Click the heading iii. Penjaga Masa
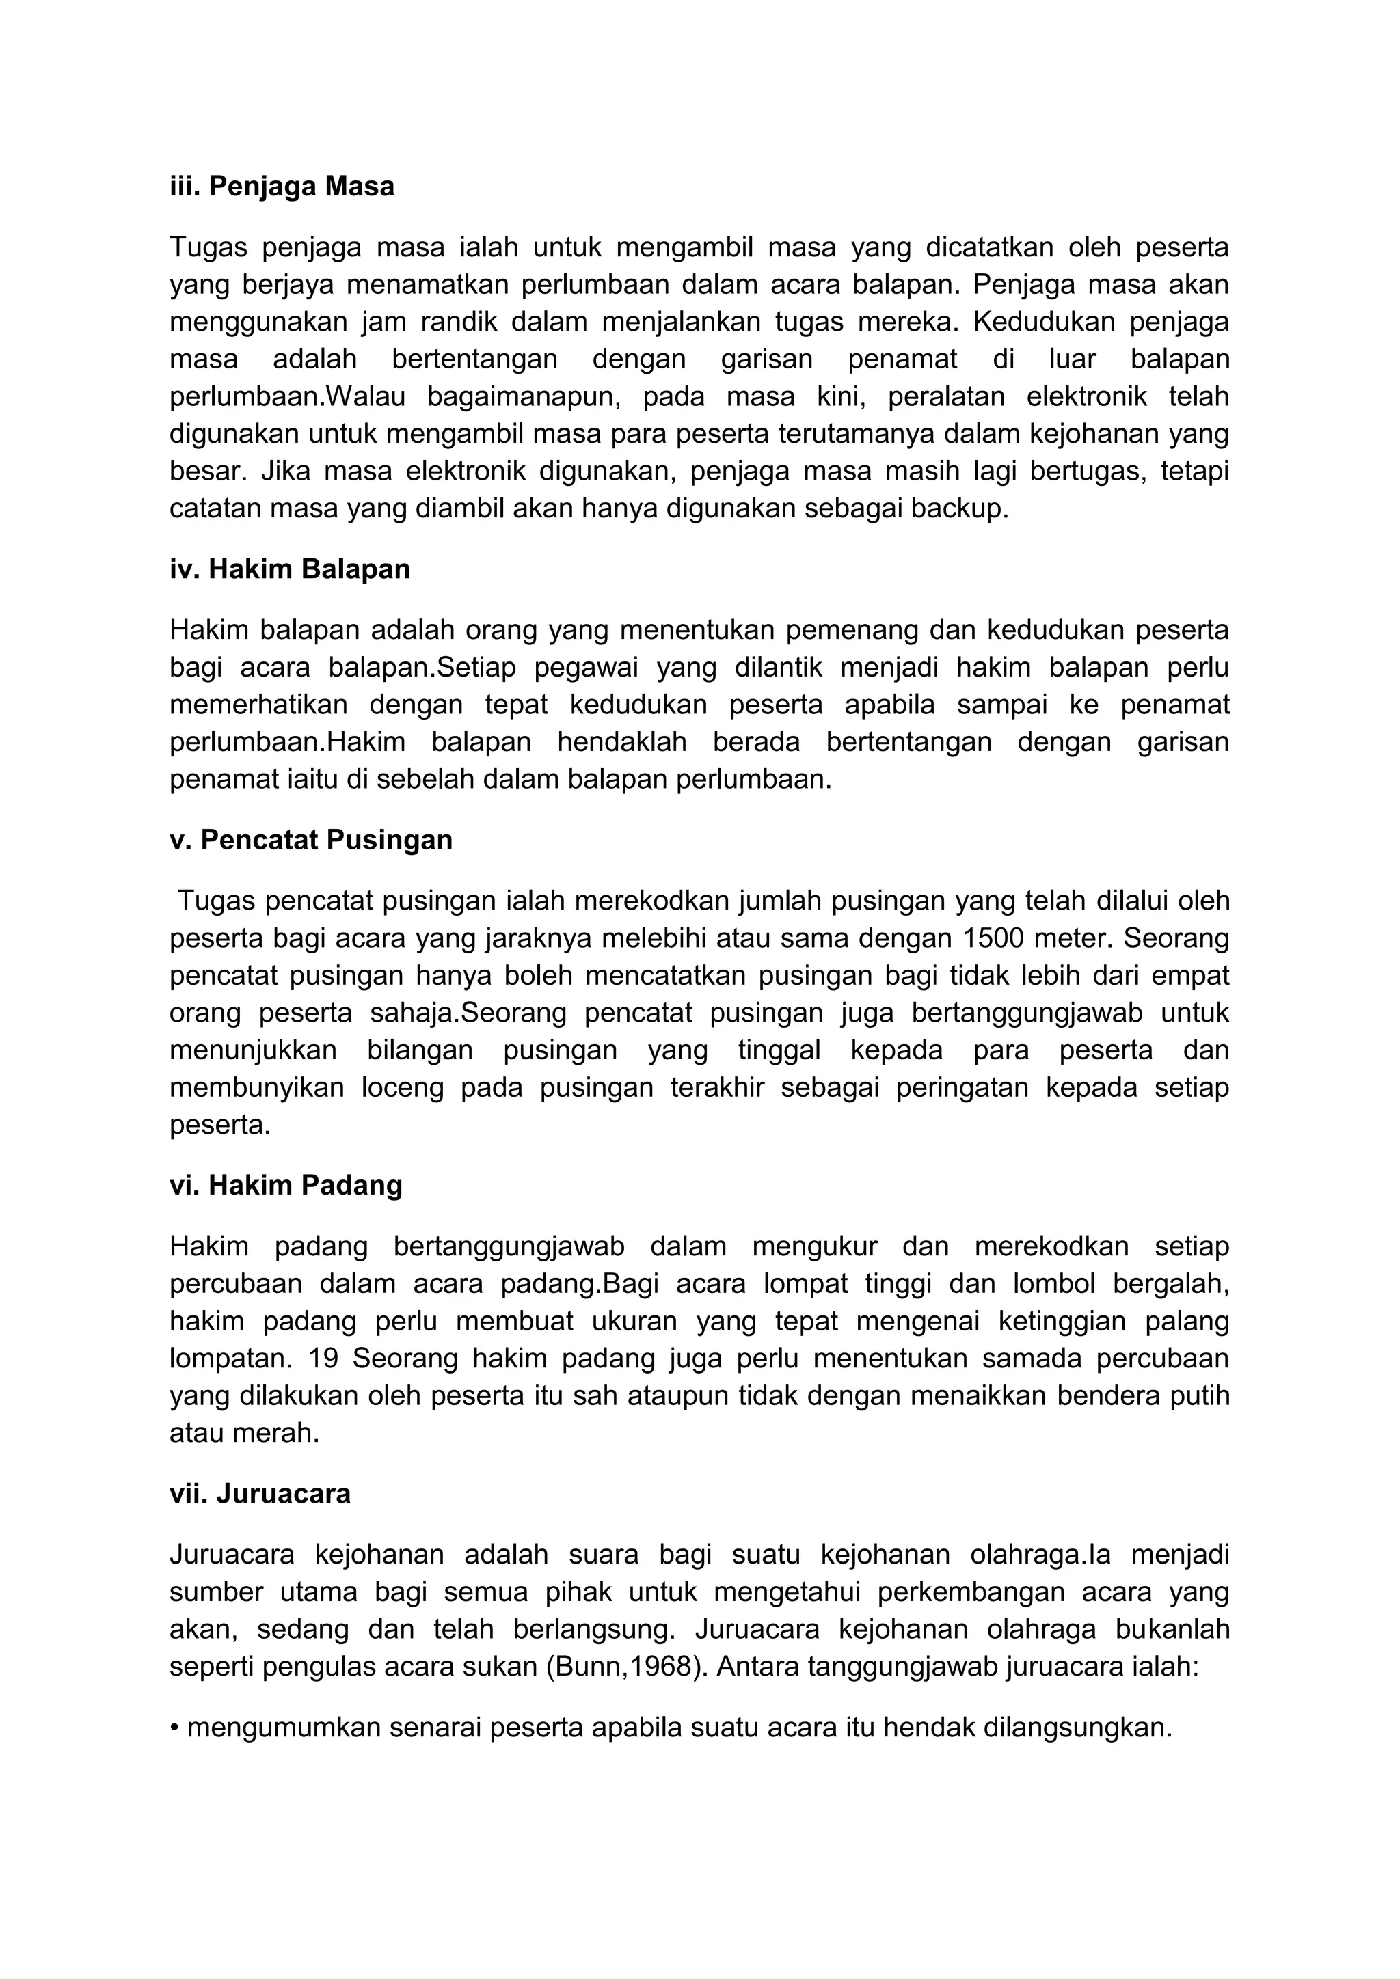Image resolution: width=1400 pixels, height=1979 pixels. pyautogui.click(x=282, y=186)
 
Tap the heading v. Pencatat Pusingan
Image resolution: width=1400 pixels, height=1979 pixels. pyautogui.click(x=311, y=840)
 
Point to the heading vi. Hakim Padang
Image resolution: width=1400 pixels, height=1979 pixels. pyautogui.click(x=286, y=1185)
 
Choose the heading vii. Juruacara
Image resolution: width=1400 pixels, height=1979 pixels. pyautogui.click(x=260, y=1493)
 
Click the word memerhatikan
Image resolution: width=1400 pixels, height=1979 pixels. pyautogui.click(x=258, y=705)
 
